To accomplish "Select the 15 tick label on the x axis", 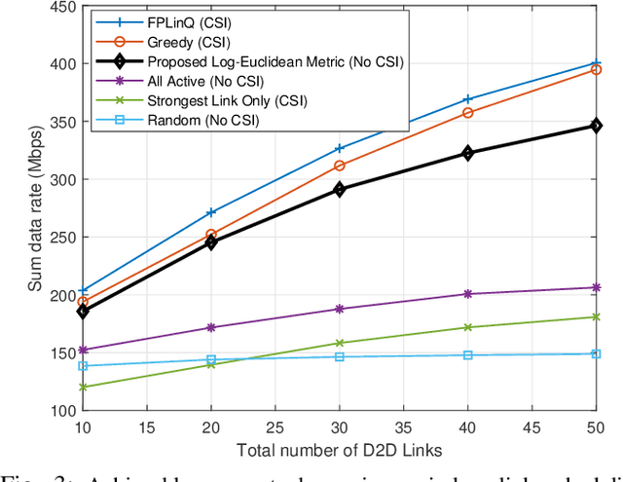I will point(146,426).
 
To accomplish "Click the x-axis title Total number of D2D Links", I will point(339,450).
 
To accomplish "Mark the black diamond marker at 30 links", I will point(339,189).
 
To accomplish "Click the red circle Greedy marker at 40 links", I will point(467,113).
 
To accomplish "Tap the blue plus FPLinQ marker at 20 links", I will point(210,212).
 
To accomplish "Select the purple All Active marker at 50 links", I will point(596,287).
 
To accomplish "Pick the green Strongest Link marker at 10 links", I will point(82,387).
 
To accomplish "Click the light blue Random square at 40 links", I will point(467,355).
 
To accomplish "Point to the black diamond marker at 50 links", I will point(596,126).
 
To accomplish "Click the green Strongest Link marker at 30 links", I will point(339,343).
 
